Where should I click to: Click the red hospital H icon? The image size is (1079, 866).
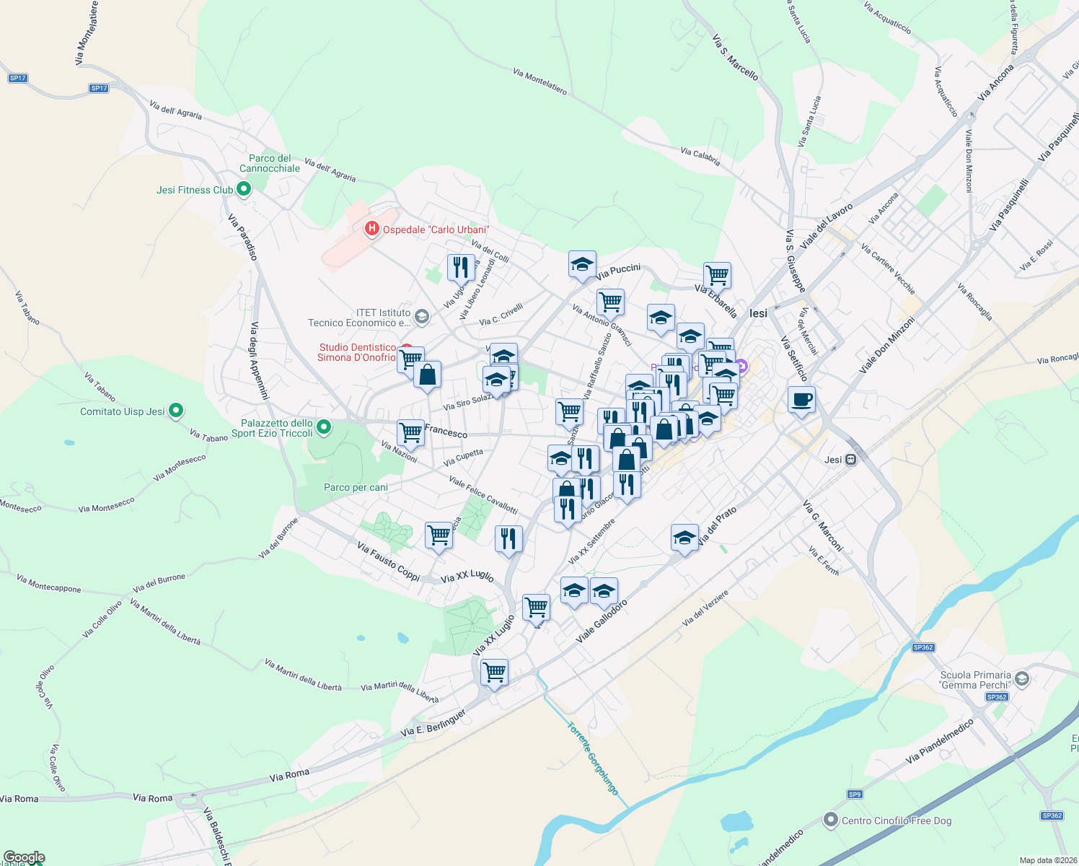click(372, 229)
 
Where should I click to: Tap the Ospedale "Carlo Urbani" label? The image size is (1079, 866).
click(436, 230)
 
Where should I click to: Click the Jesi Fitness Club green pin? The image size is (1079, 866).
click(244, 190)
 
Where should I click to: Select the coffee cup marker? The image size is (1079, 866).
click(801, 400)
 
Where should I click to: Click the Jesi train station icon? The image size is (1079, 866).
click(851, 460)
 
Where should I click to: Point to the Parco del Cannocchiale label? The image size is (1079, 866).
click(270, 163)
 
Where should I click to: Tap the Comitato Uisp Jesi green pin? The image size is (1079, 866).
click(176, 411)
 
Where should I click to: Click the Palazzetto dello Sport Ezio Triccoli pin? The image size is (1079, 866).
click(324, 428)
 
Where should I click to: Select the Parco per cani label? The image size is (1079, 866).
click(356, 488)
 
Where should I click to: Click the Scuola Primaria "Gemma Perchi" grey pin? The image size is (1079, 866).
click(1021, 679)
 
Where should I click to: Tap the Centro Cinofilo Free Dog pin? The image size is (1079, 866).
click(831, 821)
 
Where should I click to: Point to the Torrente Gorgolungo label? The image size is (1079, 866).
click(593, 758)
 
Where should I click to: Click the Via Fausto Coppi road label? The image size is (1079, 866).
click(388, 562)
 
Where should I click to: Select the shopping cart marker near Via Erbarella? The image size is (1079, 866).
click(717, 275)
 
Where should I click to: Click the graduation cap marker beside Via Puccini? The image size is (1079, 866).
click(582, 265)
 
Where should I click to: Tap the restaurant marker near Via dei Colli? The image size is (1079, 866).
click(460, 267)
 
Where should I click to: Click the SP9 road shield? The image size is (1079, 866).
click(855, 795)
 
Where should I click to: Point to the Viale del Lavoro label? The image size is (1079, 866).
click(827, 226)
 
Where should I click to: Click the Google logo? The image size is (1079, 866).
click(24, 857)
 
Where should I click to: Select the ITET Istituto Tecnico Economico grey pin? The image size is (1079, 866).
click(422, 317)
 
